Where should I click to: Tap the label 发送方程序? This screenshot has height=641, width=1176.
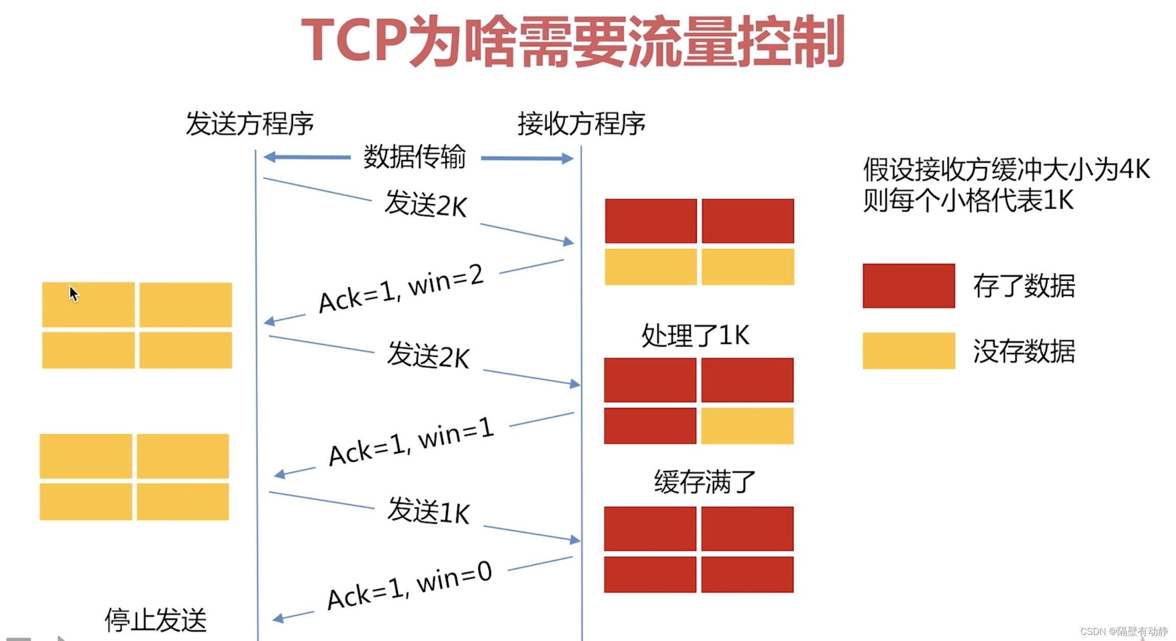pyautogui.click(x=249, y=124)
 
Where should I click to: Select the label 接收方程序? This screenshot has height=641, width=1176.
pyautogui.click(x=581, y=124)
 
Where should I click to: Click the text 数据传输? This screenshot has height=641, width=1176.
pyautogui.click(x=414, y=157)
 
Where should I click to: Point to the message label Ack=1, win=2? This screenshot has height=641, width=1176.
pyautogui.click(x=401, y=289)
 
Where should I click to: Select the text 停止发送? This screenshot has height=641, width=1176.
pyautogui.click(x=155, y=620)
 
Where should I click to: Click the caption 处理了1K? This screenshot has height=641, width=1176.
pyautogui.click(x=695, y=336)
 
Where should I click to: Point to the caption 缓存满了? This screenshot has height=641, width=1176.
pyautogui.click(x=704, y=482)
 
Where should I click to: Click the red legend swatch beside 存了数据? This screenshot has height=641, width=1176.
pyautogui.click(x=908, y=286)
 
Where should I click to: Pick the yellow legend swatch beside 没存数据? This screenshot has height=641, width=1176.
pyautogui.click(x=908, y=351)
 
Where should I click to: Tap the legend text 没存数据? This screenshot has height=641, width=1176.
pyautogui.click(x=1024, y=351)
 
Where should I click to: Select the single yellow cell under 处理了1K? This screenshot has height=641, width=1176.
pyautogui.click(x=747, y=426)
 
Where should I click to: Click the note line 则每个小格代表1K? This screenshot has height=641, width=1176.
pyautogui.click(x=968, y=200)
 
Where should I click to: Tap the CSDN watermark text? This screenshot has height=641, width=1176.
pyautogui.click(x=1123, y=632)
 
